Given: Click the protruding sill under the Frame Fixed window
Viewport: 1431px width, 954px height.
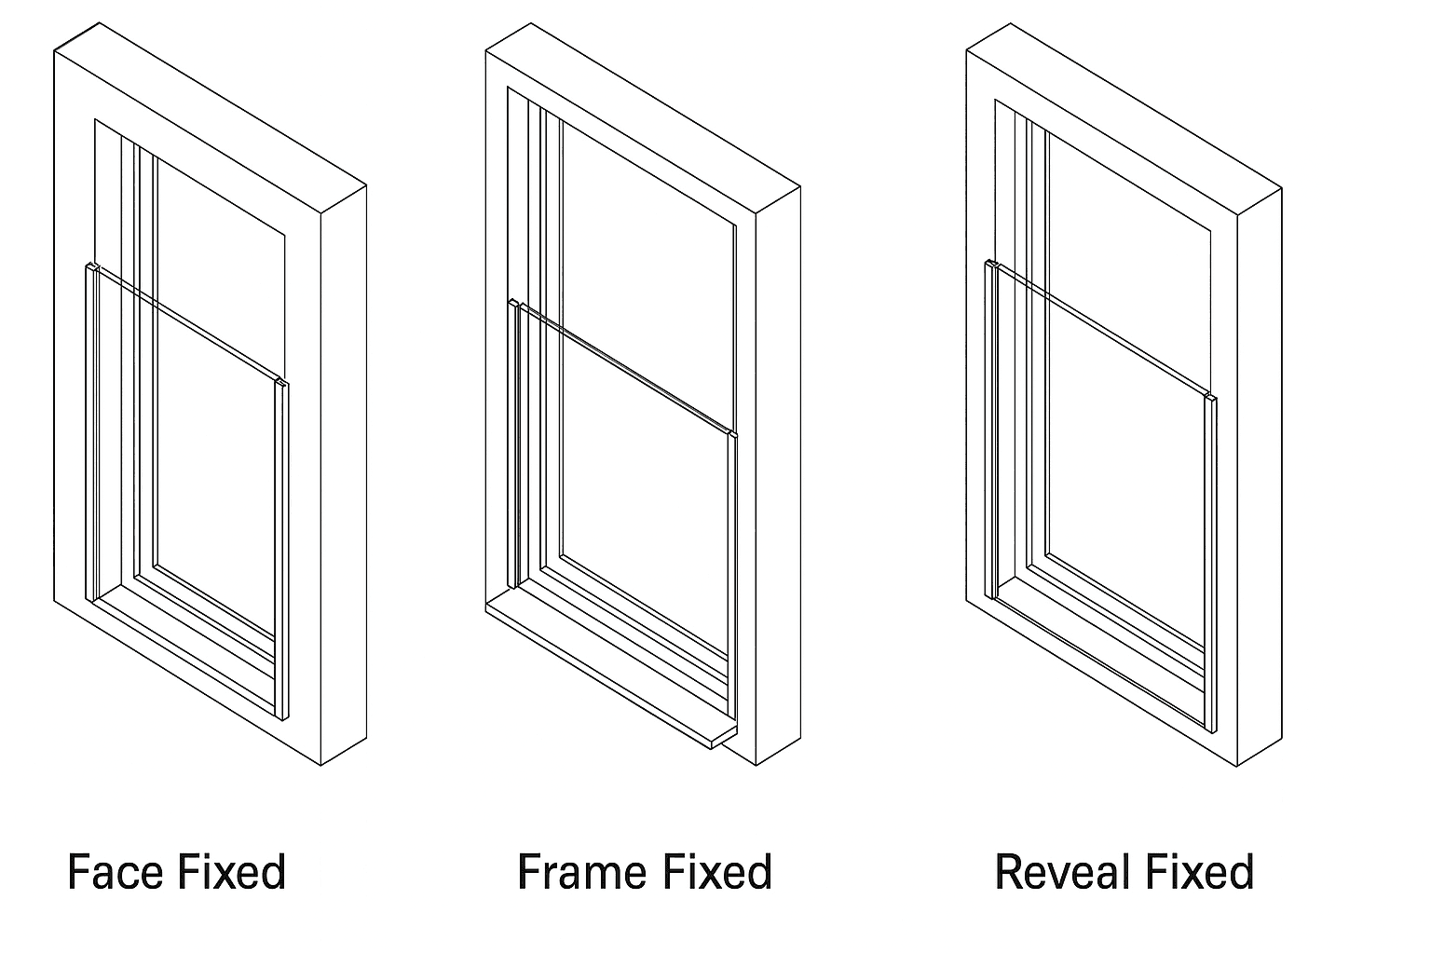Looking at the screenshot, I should click(x=606, y=661).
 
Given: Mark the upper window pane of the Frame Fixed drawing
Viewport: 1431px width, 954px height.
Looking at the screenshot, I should click(x=643, y=233).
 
